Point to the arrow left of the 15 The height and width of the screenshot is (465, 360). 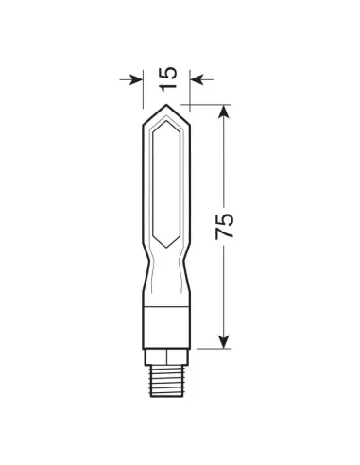(132, 79)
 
